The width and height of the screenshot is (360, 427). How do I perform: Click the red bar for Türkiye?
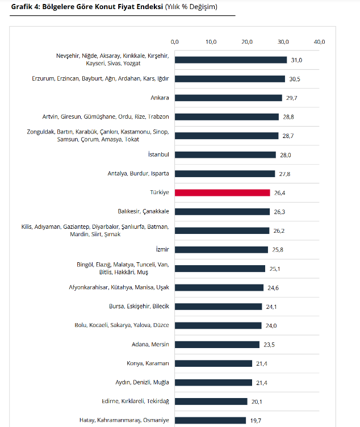[222, 192]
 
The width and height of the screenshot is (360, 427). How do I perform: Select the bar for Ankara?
[228, 98]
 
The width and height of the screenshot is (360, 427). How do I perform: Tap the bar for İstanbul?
[225, 154]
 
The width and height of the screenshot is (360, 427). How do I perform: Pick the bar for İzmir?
[221, 249]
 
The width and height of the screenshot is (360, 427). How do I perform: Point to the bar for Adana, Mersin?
[217, 344]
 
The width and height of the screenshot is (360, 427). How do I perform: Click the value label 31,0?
[296, 60]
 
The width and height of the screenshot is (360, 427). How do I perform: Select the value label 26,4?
[280, 192]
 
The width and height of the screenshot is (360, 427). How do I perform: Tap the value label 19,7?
[256, 420]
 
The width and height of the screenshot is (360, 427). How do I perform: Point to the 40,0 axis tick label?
[320, 42]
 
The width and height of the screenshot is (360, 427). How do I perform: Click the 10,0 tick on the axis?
[211, 42]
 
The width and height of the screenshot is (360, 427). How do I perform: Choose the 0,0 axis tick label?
[175, 42]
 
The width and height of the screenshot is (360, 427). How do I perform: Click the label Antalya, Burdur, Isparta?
[139, 173]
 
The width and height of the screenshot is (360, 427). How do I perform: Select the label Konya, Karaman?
[148, 363]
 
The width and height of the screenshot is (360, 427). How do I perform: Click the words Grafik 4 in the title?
[24, 7]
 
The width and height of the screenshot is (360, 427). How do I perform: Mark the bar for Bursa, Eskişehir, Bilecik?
[218, 306]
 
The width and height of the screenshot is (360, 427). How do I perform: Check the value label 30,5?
[295, 79]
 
